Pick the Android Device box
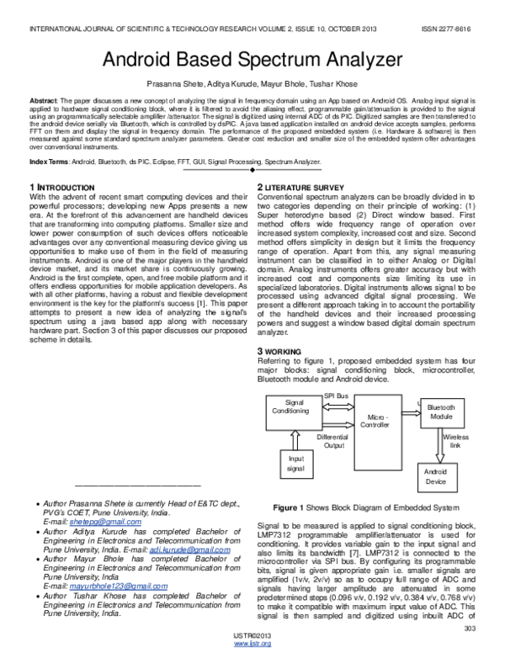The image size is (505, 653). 436,477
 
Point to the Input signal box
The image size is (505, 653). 295,464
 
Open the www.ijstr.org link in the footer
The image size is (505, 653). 252,644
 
